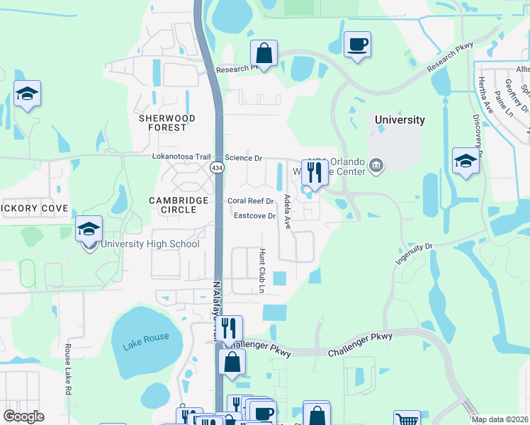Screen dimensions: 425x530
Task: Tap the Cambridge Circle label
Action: (x=179, y=205)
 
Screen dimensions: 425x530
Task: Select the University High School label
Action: (x=150, y=244)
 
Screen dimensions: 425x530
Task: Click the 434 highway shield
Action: (x=216, y=166)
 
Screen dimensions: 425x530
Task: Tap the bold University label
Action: (x=400, y=120)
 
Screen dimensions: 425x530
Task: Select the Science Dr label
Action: (x=244, y=157)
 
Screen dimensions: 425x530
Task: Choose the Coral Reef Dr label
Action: (x=251, y=200)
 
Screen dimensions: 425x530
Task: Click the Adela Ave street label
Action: (x=288, y=212)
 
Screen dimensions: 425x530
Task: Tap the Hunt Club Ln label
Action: (x=261, y=271)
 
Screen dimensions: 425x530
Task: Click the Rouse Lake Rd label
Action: (x=68, y=369)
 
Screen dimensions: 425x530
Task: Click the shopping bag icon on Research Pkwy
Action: (x=264, y=52)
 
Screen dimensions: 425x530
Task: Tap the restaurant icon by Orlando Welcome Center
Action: (x=315, y=172)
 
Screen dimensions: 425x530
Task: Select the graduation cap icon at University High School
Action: (x=89, y=228)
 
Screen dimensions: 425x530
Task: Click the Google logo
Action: (x=23, y=416)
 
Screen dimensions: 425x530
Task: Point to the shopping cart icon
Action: (x=406, y=419)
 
